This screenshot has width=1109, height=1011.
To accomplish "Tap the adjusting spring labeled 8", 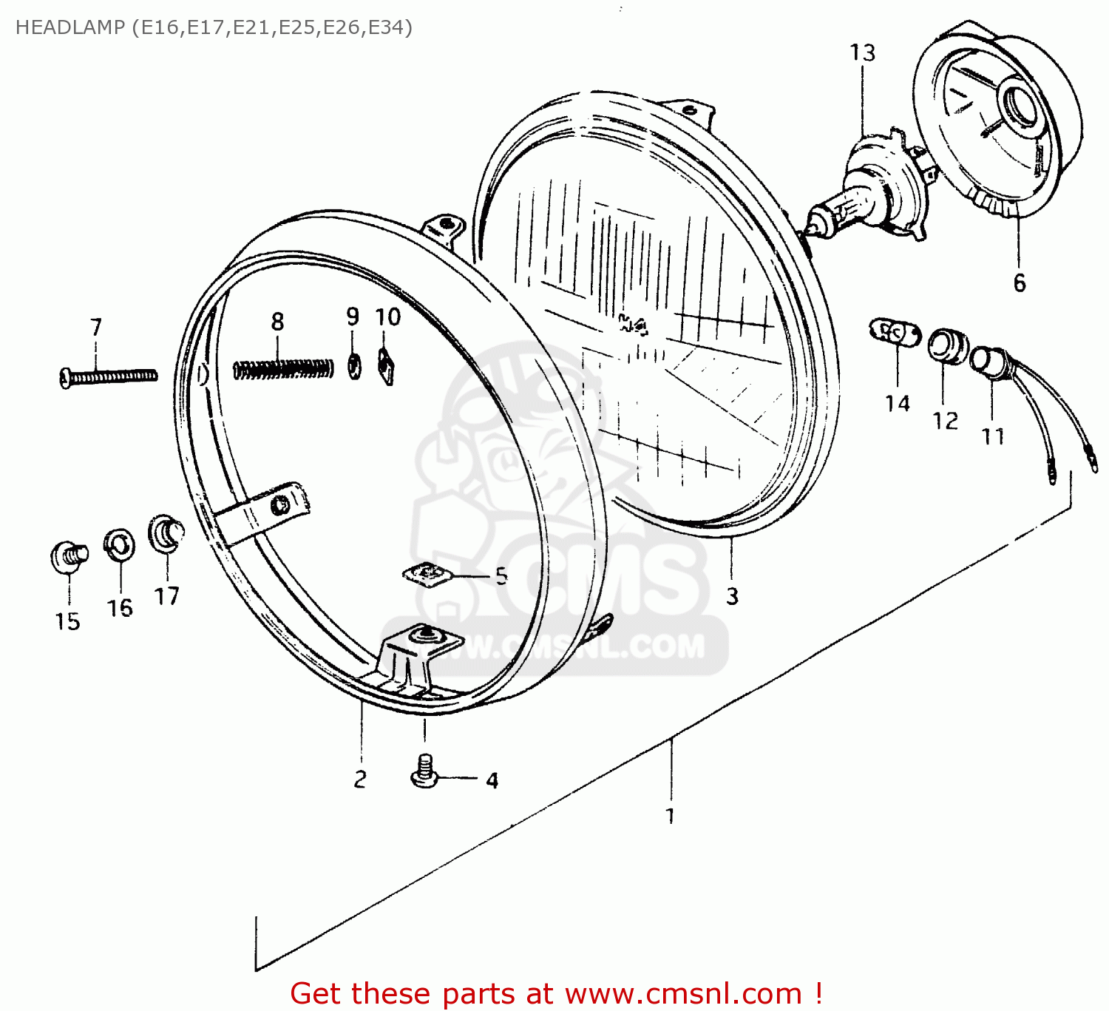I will tap(283, 368).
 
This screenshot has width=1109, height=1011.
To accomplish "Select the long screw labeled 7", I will tap(108, 377).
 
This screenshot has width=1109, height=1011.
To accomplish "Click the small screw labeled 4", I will tap(424, 771).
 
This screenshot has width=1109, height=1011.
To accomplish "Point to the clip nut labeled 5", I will tap(425, 574).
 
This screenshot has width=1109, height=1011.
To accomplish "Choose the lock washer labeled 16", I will tap(118, 546).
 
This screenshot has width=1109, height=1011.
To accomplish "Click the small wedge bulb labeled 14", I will tap(894, 333).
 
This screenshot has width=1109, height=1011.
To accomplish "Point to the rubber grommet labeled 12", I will tap(946, 346).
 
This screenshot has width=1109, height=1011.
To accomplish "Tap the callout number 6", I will tap(1020, 283).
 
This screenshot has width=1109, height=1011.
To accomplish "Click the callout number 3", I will tap(732, 596).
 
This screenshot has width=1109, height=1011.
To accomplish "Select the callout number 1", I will tap(670, 816).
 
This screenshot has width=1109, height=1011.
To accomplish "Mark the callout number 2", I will tap(360, 779).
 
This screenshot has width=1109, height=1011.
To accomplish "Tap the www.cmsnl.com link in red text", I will tap(683, 993).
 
